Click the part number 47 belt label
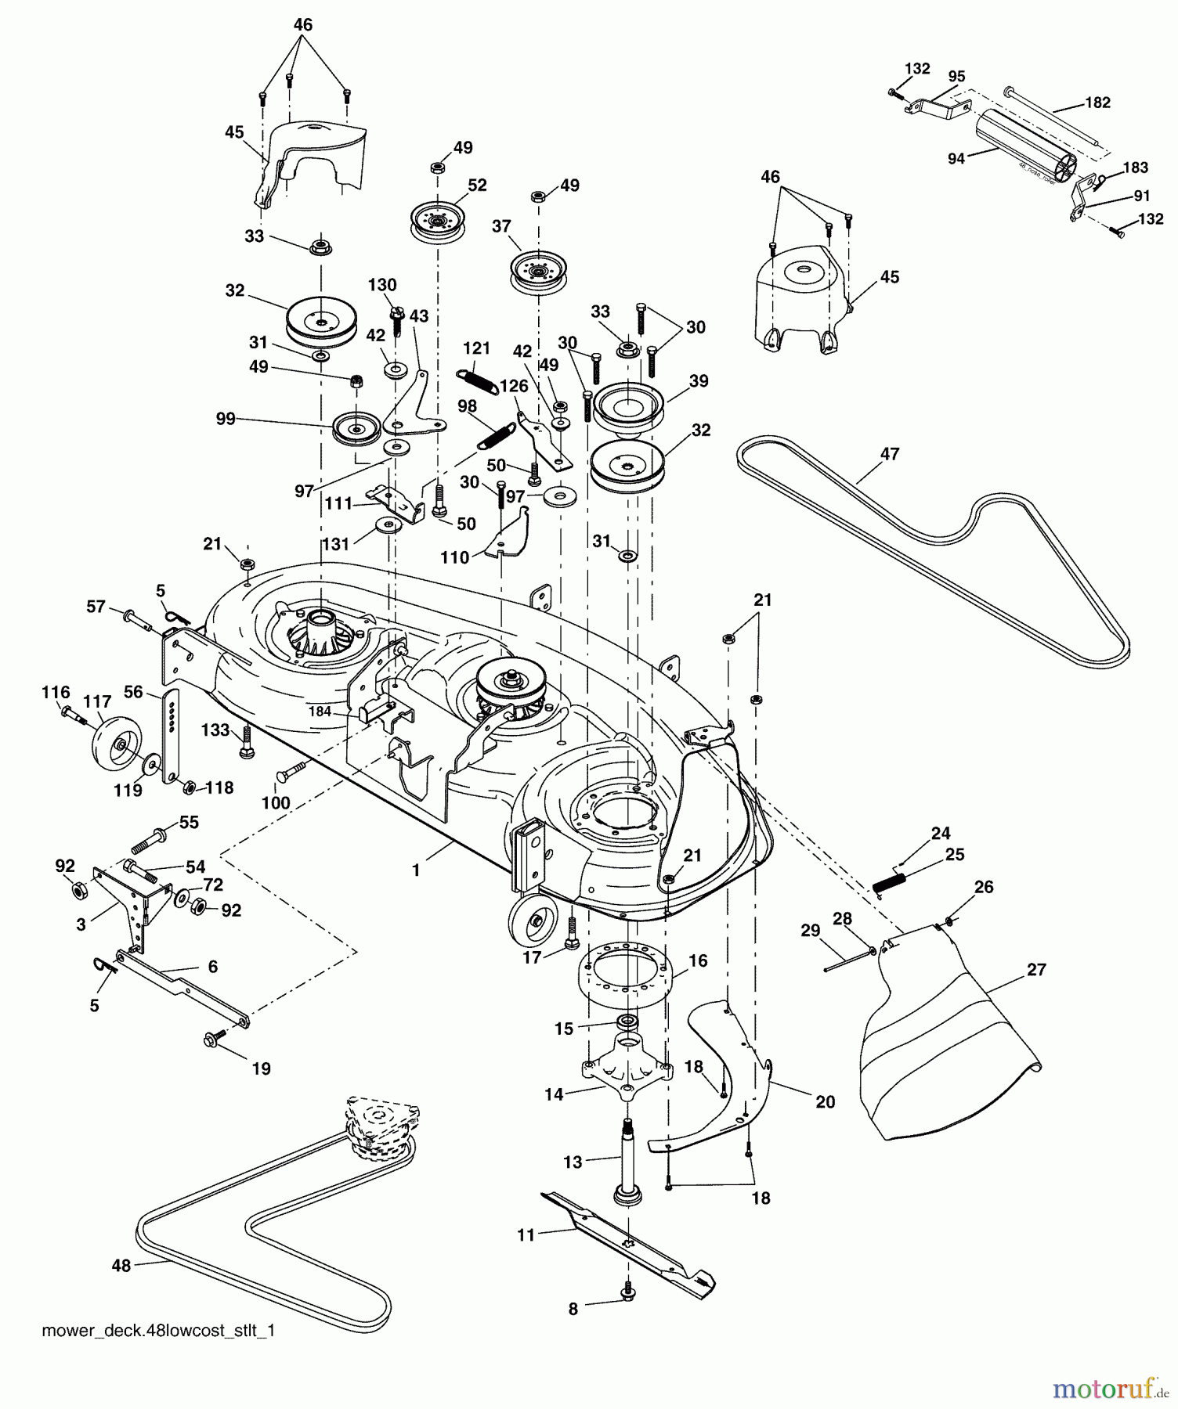(890, 454)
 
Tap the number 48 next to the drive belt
(121, 1265)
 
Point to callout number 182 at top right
(1097, 103)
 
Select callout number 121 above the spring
(475, 348)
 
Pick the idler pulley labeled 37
(537, 269)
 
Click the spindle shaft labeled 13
(630, 1159)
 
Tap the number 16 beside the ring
(697, 960)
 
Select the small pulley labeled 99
(356, 428)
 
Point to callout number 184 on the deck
(320, 712)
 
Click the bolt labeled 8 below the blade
(628, 1294)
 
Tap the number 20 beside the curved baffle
(825, 1101)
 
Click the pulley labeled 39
(628, 407)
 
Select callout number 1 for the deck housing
(416, 870)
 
